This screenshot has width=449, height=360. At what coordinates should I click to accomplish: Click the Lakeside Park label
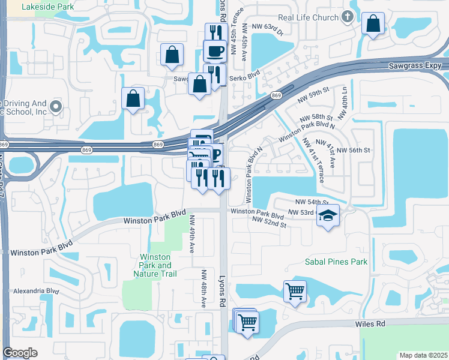point(47,7)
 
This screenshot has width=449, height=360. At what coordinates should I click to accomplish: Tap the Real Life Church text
point(309,17)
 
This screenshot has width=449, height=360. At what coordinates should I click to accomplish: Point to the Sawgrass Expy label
point(414,65)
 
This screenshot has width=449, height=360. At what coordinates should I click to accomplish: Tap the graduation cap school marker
point(328,215)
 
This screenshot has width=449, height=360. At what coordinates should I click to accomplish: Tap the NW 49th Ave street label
point(193,233)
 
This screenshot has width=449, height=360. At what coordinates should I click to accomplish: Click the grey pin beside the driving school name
point(56,107)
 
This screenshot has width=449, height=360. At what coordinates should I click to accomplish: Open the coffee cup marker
point(214,50)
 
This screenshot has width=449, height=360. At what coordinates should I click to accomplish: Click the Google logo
point(20,353)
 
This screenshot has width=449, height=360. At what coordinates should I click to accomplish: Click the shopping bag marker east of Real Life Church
point(373,24)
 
